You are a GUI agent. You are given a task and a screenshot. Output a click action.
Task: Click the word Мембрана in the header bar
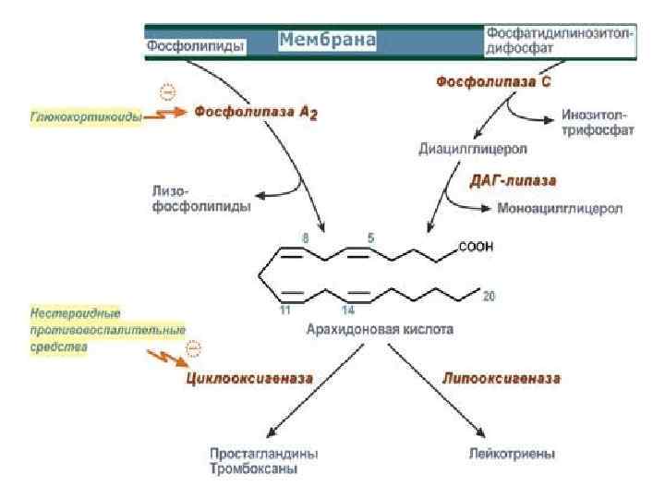[327, 41]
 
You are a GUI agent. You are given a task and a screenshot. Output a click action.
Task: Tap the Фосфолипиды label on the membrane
[195, 44]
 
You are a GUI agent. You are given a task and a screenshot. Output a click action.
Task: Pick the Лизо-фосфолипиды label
[199, 200]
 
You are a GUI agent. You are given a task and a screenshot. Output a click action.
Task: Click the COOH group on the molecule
[476, 247]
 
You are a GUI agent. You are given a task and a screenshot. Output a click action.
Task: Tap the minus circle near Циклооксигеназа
[193, 348]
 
